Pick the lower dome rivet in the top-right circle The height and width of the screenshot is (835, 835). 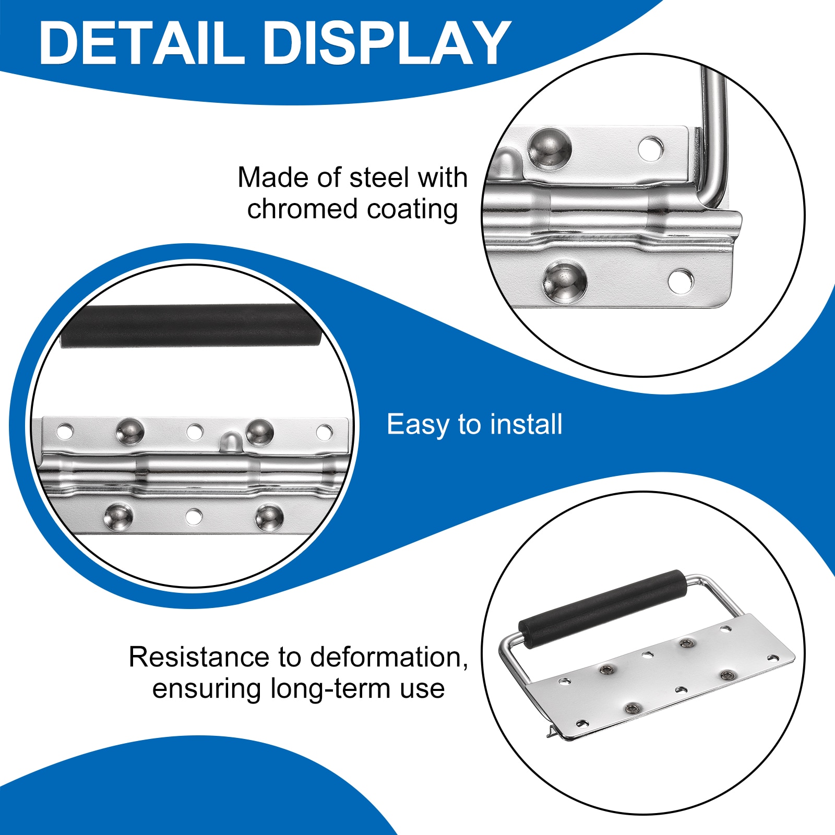coord(564,282)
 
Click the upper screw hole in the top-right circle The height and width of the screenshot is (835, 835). coord(651,148)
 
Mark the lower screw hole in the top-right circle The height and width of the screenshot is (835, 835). coord(681,281)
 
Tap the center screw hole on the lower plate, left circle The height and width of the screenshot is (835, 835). coord(194,516)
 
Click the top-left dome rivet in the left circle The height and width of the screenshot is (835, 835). coord(129,432)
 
